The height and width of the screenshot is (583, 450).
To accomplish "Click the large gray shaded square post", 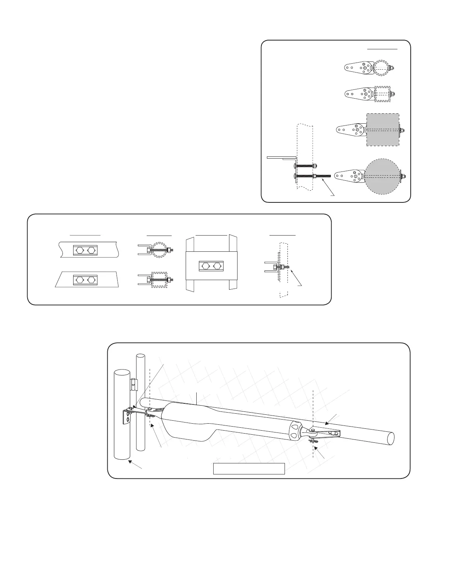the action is tap(383, 130).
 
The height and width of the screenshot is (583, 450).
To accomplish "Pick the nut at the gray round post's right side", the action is tap(403, 176).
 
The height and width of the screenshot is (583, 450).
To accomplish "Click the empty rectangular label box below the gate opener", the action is tap(249, 469).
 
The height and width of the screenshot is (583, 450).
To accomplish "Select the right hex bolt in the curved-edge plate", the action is tap(91, 250).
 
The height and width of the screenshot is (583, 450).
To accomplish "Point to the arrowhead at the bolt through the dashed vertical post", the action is tap(291, 271).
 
